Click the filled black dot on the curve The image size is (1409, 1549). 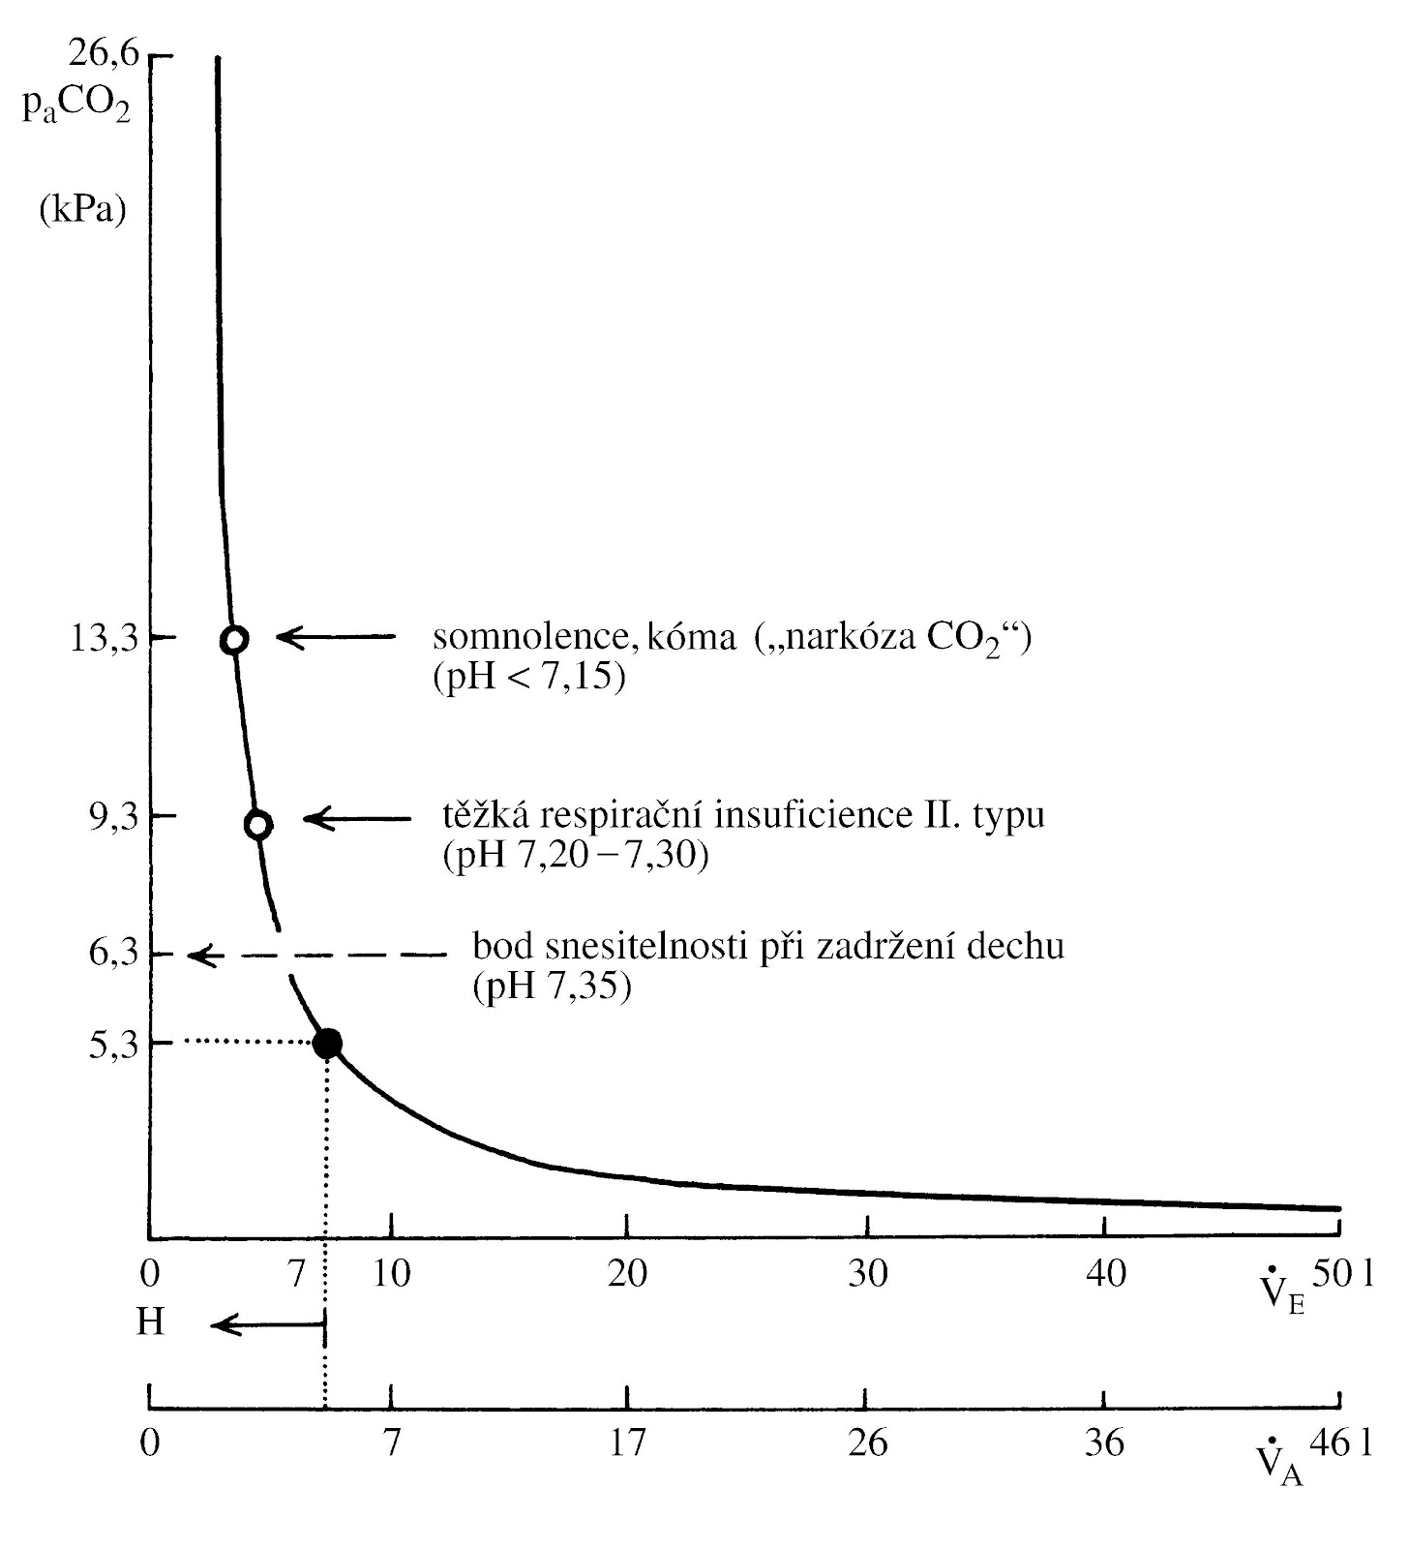pyautogui.click(x=327, y=1043)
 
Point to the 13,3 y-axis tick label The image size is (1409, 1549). pyautogui.click(x=105, y=639)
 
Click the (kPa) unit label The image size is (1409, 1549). pyautogui.click(x=83, y=209)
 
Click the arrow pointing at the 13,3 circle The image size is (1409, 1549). pyautogui.click(x=335, y=637)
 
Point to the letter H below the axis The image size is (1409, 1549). pyautogui.click(x=150, y=1322)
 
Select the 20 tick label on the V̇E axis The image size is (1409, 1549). pyautogui.click(x=627, y=1274)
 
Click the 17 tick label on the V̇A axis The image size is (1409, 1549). pyautogui.click(x=627, y=1443)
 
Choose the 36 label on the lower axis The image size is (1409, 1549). pyautogui.click(x=1104, y=1443)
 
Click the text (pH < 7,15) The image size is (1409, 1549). pyautogui.click(x=528, y=677)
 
